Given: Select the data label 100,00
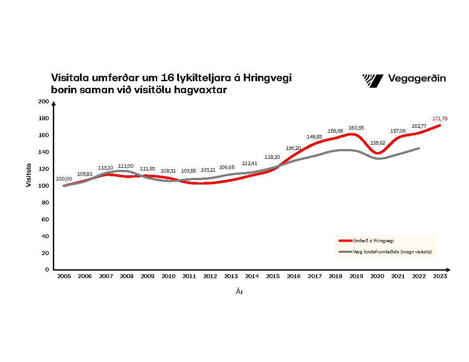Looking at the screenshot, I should [x=63, y=179].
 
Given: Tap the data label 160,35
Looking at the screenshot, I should [x=356, y=128].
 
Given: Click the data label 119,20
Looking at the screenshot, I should [x=272, y=157].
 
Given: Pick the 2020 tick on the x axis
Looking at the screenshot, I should [x=377, y=276].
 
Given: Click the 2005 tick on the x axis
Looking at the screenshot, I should [x=64, y=276].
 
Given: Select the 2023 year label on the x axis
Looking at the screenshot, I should [x=440, y=276].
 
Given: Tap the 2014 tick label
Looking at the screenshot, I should [x=252, y=276].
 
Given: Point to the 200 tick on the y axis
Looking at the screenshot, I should [x=43, y=102].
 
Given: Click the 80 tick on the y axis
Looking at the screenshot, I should [x=44, y=202].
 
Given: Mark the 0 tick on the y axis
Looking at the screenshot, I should [x=46, y=269].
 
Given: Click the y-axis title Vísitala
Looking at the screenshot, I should [x=29, y=175].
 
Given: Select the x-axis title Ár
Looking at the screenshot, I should [x=239, y=292].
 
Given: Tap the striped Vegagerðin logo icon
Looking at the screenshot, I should [x=372, y=80].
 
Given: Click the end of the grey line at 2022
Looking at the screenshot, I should [x=418, y=148].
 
